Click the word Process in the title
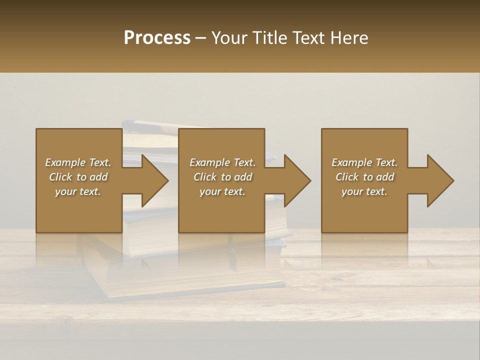click(x=157, y=38)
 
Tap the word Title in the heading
click(x=270, y=38)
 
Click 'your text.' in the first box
click(x=78, y=191)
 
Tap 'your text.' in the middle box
click(x=222, y=191)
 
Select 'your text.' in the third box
click(x=364, y=191)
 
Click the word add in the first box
click(x=98, y=177)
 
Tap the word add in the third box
click(x=385, y=177)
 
